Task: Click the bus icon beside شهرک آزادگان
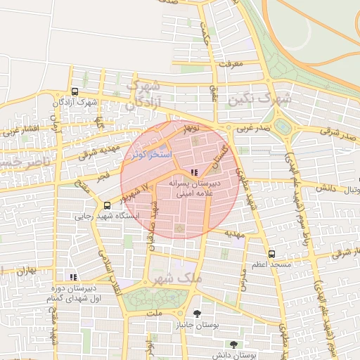point(75,92)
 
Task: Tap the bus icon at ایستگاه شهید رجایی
point(107,205)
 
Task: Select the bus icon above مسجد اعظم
point(272,254)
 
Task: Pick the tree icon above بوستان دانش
point(233,345)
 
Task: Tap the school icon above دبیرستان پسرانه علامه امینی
point(194,172)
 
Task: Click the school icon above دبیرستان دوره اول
point(74,277)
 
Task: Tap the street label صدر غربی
point(253,129)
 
